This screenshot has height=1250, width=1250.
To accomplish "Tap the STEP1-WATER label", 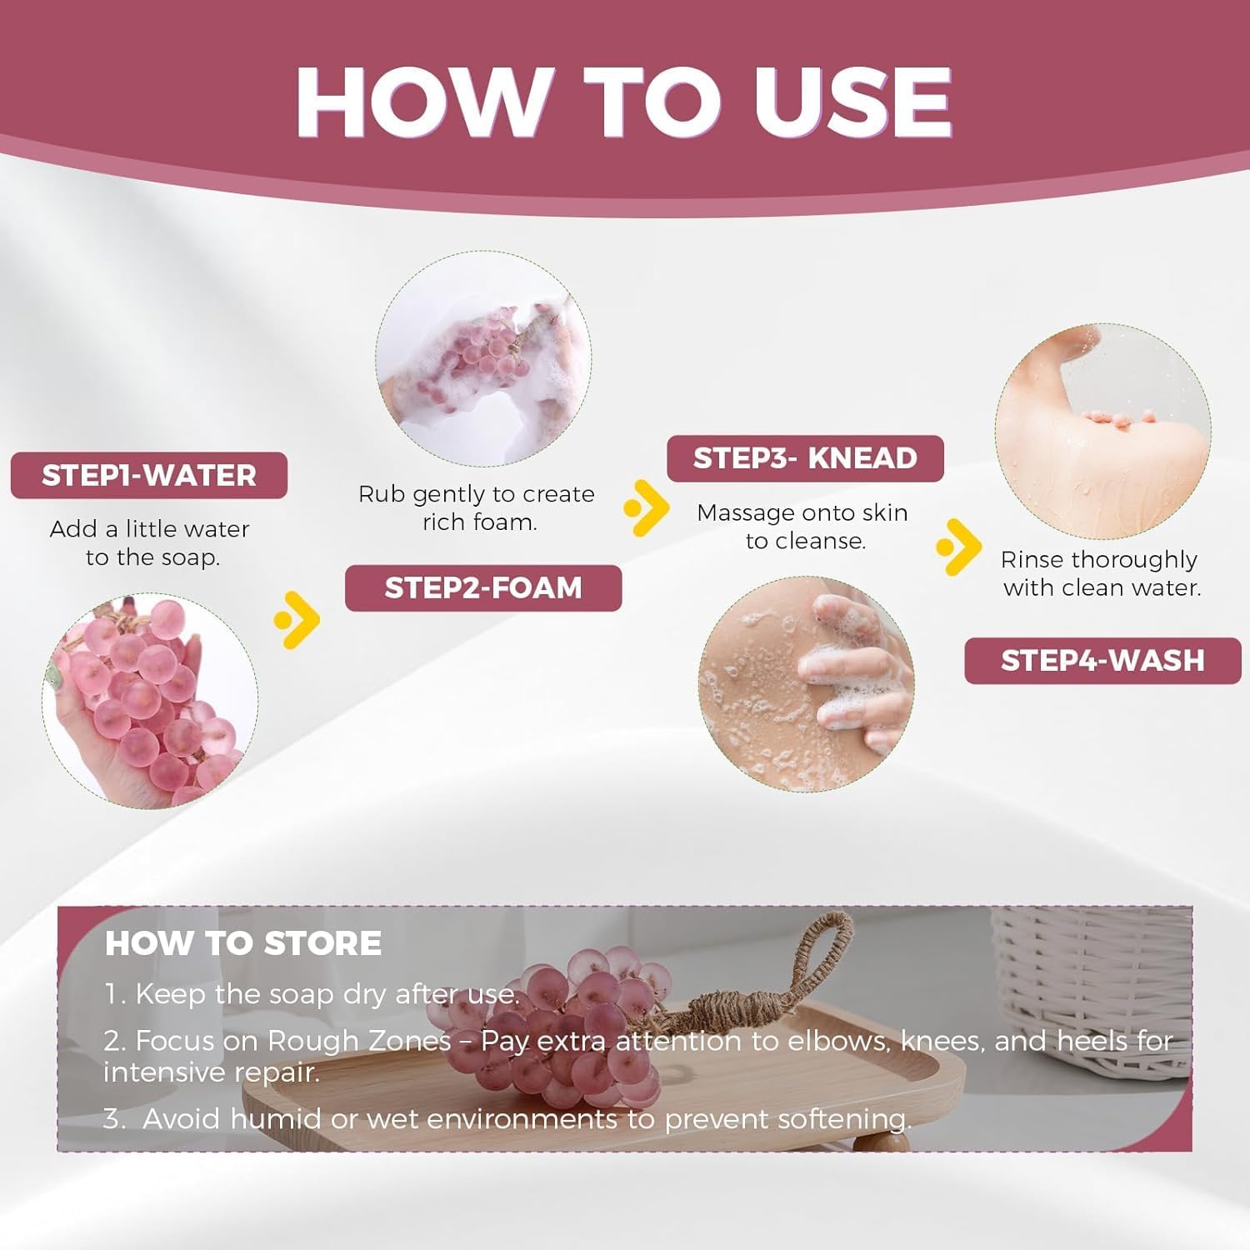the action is point(149,476).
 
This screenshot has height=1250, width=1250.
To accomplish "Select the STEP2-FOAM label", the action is point(483,588).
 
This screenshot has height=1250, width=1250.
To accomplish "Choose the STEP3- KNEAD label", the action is point(805,458).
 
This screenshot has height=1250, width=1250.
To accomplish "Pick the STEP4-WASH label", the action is point(1102,661).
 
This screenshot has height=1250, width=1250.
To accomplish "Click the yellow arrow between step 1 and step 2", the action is point(297,620).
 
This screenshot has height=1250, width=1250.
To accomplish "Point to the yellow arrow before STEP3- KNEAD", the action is point(646,507).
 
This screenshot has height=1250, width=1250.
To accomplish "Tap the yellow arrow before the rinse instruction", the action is point(958,547).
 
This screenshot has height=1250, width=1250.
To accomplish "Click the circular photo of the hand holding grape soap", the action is point(150,701).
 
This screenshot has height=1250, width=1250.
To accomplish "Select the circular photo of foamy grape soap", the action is point(483,359).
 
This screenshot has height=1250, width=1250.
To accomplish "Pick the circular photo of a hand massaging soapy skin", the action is point(807,684).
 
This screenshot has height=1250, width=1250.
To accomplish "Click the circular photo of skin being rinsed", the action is point(1102,432).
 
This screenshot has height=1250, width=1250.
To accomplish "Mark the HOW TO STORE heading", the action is point(243,943).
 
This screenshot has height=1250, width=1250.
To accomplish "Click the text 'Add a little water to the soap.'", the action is point(150,543).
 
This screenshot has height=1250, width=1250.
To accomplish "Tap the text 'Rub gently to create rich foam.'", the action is point(477,508).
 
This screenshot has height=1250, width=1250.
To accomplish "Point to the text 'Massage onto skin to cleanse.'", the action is point(802,527).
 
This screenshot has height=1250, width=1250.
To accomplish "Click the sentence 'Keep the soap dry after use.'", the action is point(312,994).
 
